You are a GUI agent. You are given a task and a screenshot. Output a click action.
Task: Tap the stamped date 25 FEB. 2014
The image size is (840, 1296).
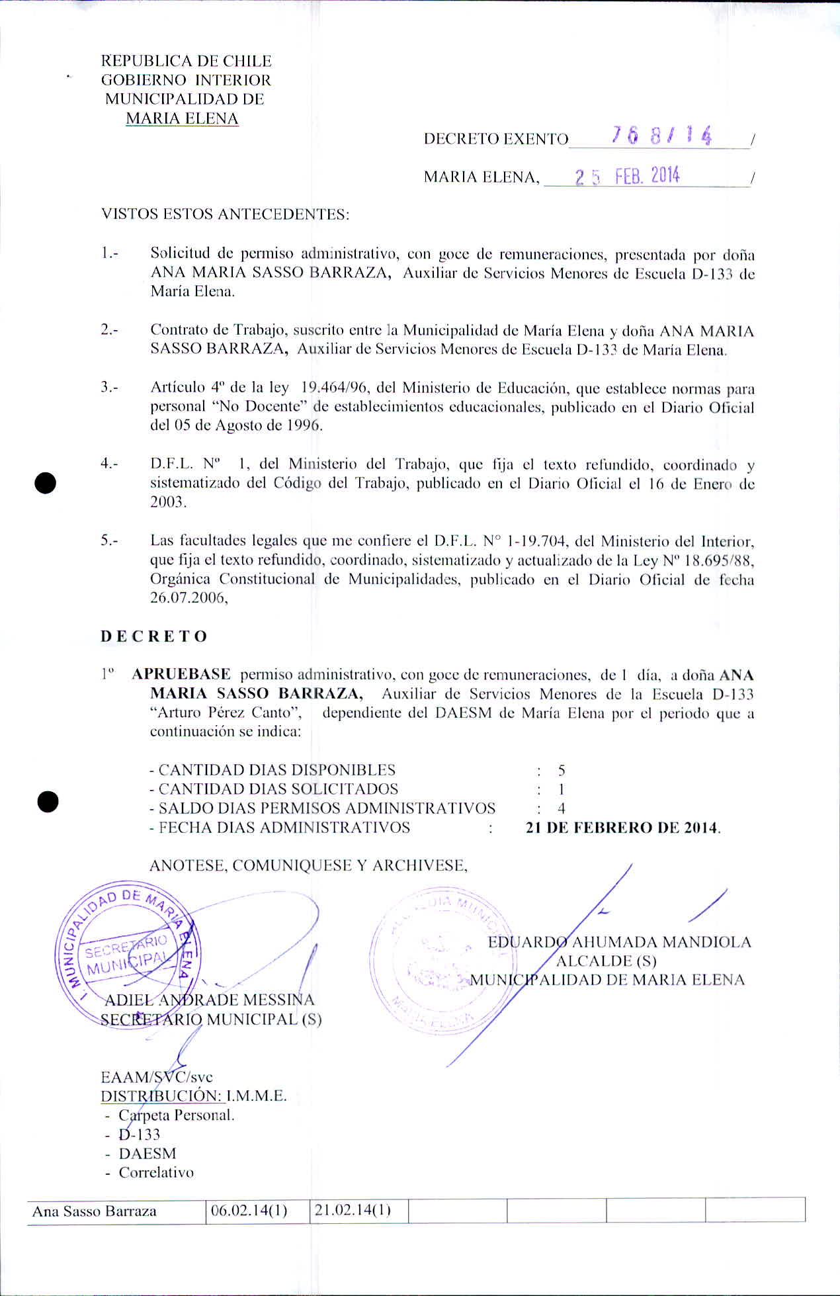(627, 176)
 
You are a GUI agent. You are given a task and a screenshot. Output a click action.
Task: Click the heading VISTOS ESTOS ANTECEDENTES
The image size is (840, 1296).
(225, 214)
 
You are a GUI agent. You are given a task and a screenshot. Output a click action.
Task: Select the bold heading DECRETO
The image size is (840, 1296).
(154, 636)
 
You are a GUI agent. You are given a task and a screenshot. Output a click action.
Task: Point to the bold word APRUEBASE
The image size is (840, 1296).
(181, 674)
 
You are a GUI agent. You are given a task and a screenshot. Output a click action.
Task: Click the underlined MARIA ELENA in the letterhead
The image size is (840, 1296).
(182, 118)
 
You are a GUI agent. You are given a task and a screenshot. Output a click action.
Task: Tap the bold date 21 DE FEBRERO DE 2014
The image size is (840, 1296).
(622, 828)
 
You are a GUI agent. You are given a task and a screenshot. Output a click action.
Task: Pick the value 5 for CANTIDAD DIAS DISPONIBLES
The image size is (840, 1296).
(561, 770)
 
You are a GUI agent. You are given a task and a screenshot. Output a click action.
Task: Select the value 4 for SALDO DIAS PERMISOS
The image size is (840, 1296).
(561, 808)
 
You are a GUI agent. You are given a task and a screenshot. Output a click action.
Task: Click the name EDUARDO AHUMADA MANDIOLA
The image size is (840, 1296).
(620, 942)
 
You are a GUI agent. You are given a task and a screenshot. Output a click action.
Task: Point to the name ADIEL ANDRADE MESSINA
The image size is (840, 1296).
(210, 1000)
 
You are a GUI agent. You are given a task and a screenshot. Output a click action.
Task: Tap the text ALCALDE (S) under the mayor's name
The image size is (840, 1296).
(606, 961)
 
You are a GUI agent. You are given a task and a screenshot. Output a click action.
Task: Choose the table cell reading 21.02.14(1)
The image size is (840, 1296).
(353, 1211)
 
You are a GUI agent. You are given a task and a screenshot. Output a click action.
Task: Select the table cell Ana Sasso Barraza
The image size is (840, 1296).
(95, 1211)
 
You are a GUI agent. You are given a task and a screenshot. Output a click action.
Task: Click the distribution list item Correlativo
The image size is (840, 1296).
(156, 1172)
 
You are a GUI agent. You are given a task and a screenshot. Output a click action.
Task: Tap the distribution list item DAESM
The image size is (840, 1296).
(147, 1153)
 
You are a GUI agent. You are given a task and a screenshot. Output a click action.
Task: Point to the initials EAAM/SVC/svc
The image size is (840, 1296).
(157, 1076)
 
